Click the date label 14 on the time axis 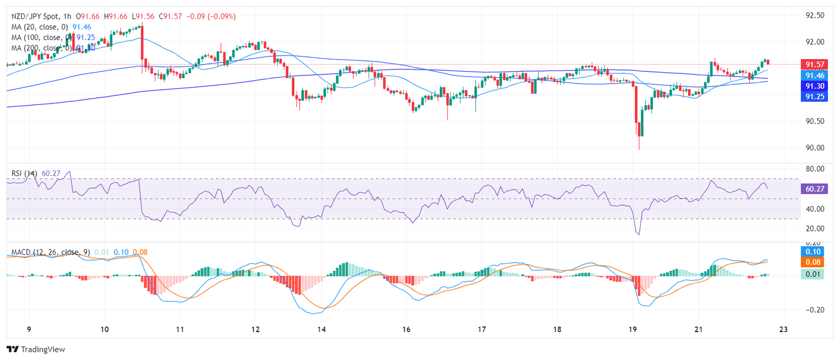pyautogui.click(x=322, y=330)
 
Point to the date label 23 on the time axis pyautogui.click(x=784, y=330)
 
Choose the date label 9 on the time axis pyautogui.click(x=28, y=330)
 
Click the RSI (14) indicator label pyautogui.click(x=25, y=173)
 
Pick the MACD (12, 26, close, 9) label pyautogui.click(x=51, y=252)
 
